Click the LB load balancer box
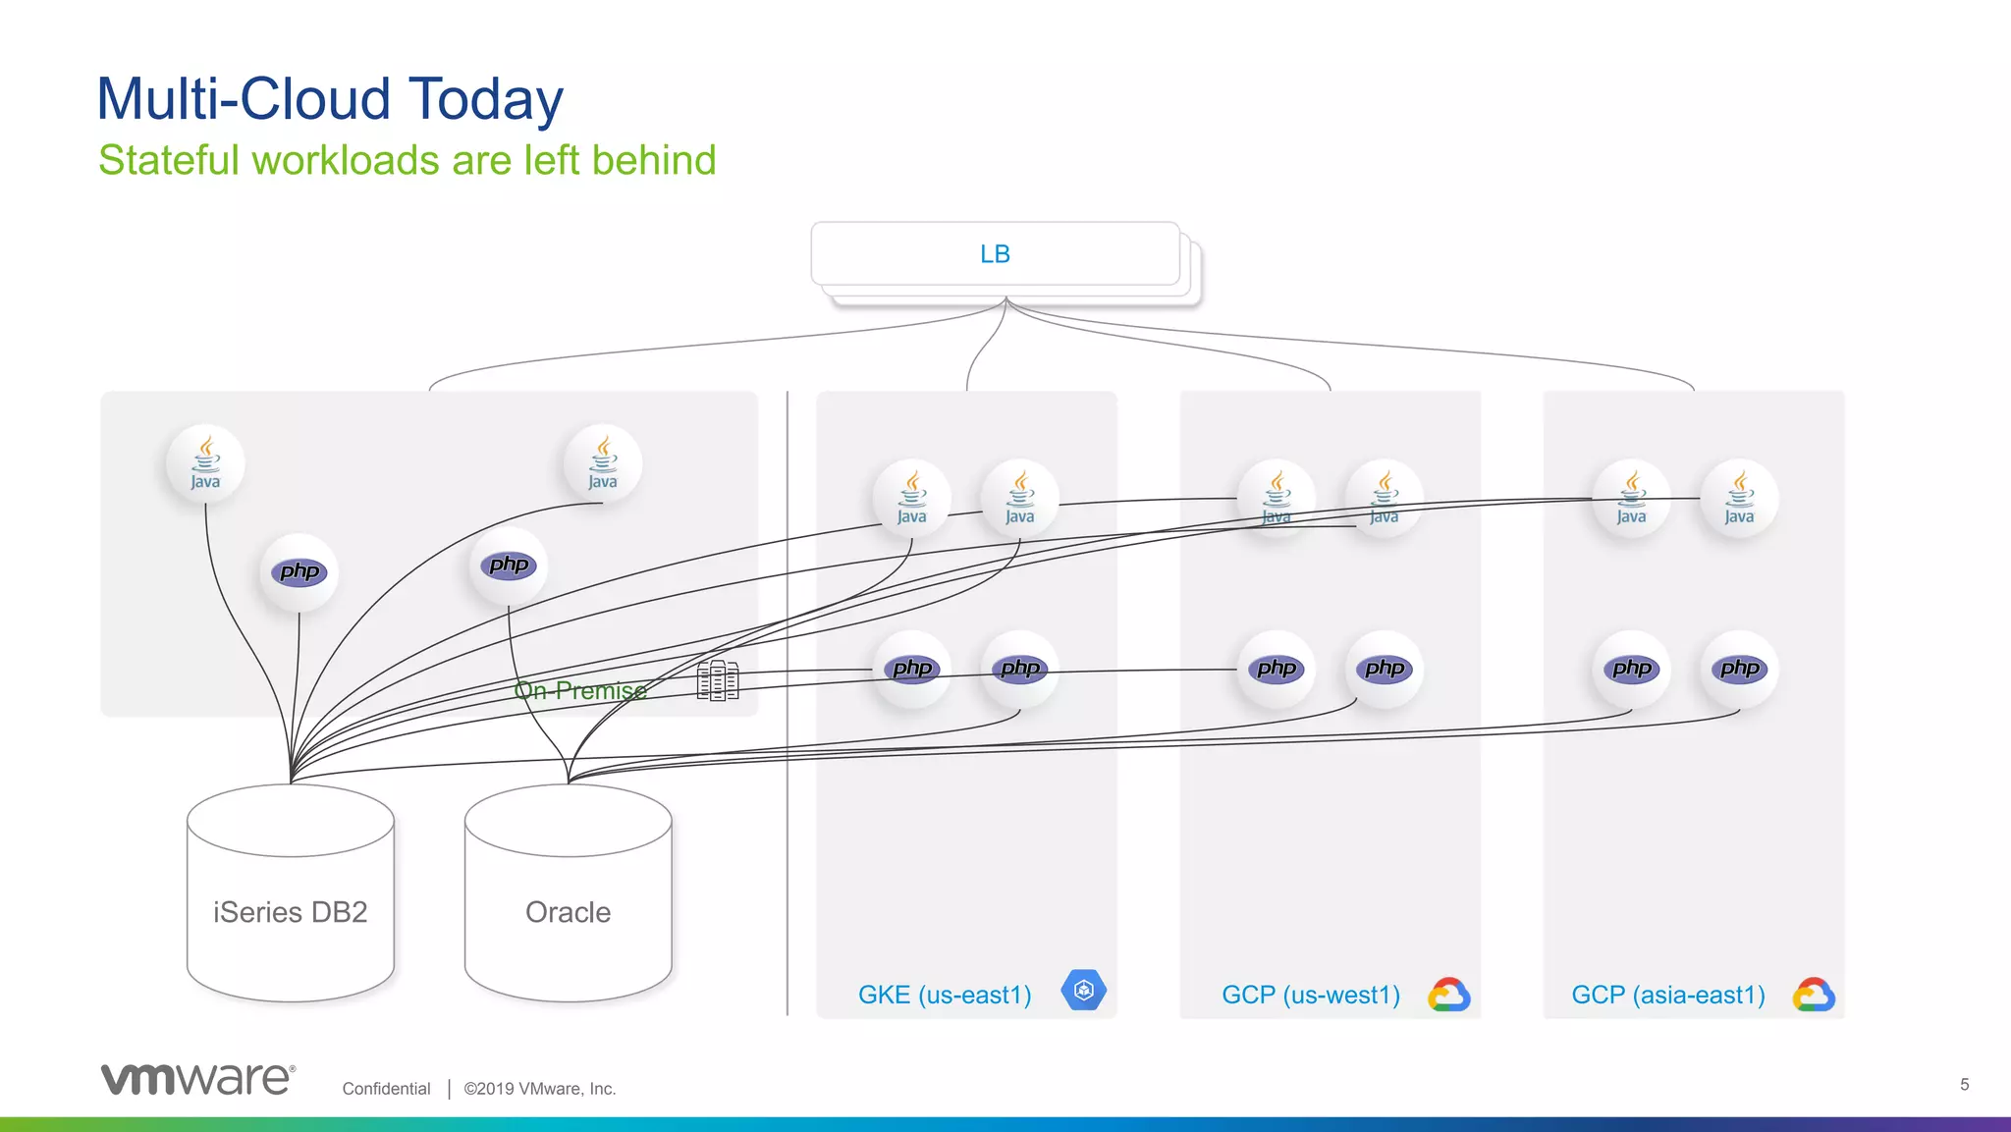[x=995, y=254]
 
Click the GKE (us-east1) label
[x=945, y=995]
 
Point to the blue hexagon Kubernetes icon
[x=1084, y=990]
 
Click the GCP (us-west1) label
[x=1311, y=995]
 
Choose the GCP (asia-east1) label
[x=1668, y=995]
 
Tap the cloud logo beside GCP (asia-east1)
[x=1814, y=995]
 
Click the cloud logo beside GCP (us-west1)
[x=1449, y=995]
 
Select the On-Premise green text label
[x=580, y=690]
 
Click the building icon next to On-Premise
[x=718, y=679]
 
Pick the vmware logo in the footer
[x=197, y=1078]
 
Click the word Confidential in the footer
[x=386, y=1088]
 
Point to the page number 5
[x=1964, y=1084]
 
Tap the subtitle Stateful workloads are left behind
[x=408, y=160]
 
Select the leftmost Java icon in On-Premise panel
[x=205, y=463]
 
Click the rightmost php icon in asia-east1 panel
[x=1739, y=670]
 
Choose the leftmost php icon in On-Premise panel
[x=299, y=572]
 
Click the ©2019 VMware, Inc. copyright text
[x=540, y=1088]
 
